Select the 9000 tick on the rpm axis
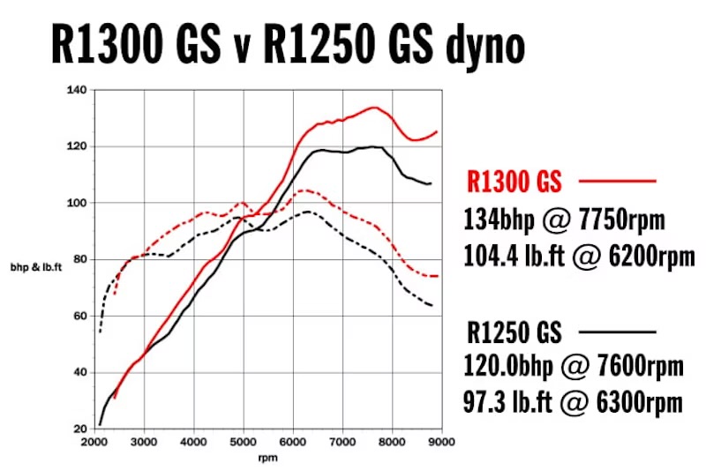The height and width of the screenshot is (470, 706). click(442, 440)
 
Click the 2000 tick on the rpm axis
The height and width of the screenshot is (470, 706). click(94, 440)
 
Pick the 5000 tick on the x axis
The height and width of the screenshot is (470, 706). click(244, 440)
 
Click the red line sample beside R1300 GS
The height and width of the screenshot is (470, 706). click(618, 182)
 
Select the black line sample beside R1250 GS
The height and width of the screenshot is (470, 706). click(618, 332)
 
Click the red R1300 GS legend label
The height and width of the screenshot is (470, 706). click(514, 183)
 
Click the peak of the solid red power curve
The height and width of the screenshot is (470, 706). click(374, 108)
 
